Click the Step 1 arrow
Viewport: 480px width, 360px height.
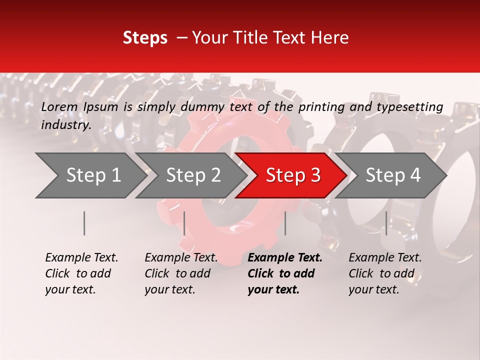click(90, 175)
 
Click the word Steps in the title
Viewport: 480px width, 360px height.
click(145, 38)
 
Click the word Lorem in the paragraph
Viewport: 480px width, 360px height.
click(59, 106)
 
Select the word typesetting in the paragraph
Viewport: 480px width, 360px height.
click(409, 106)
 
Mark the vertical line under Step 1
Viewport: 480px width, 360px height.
click(84, 223)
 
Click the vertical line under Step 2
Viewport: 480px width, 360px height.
click(184, 223)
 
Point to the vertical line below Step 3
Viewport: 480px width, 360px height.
click(285, 223)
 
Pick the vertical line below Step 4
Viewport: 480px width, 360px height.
click(386, 223)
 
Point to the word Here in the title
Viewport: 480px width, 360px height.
click(332, 38)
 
